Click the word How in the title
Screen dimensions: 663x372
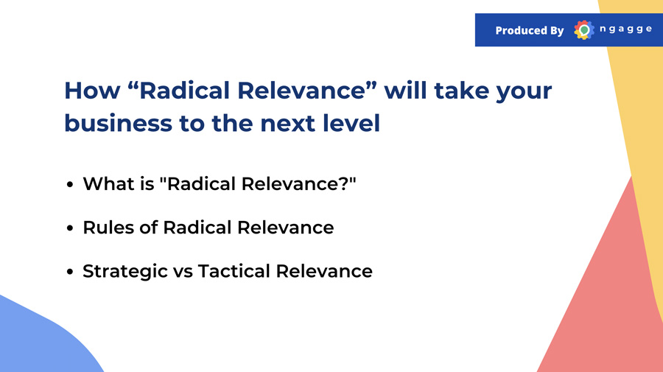point(92,91)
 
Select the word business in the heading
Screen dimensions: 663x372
point(119,123)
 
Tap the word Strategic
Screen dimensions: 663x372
point(125,272)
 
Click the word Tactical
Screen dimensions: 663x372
point(234,271)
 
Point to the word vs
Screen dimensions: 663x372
point(183,273)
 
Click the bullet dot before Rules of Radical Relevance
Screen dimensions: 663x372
point(70,228)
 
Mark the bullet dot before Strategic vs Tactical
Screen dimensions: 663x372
point(70,272)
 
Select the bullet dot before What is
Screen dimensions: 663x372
point(70,185)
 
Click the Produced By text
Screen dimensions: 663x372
point(530,30)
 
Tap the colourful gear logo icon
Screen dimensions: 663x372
point(584,30)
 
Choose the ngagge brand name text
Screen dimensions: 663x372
point(625,29)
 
